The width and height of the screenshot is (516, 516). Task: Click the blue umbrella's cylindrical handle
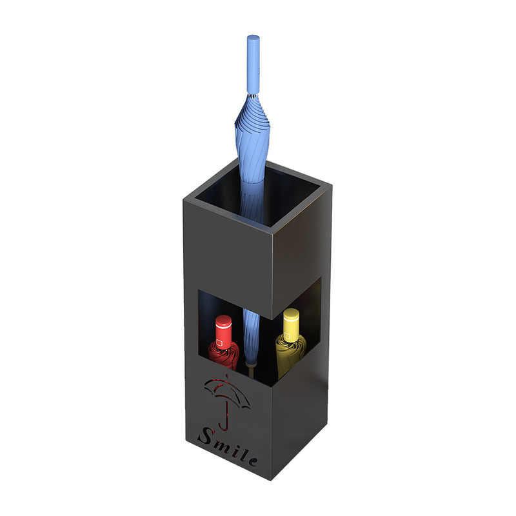[x=253, y=64]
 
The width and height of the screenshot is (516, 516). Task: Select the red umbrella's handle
[x=224, y=333]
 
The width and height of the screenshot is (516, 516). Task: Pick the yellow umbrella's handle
[x=292, y=325]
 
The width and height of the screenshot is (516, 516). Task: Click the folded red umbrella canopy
[x=223, y=355]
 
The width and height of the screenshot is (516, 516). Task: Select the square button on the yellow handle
[x=287, y=335]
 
